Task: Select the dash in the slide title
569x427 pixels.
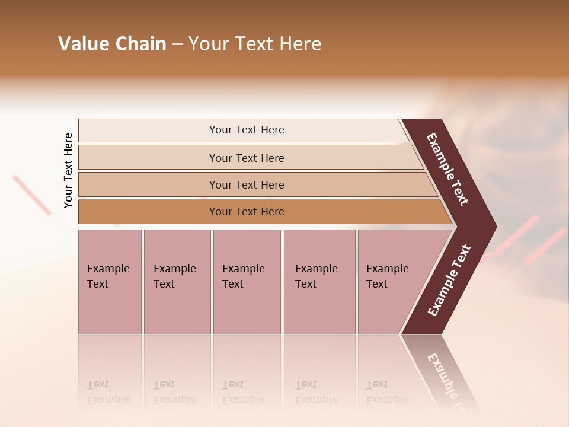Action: tap(177, 44)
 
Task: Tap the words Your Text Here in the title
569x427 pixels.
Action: tap(255, 44)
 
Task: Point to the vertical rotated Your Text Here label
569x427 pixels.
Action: tap(68, 170)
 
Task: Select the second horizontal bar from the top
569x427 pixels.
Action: tap(247, 158)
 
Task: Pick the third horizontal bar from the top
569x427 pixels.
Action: tap(247, 184)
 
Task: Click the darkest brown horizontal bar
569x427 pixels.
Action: tap(247, 212)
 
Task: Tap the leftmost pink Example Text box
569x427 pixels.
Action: tap(110, 282)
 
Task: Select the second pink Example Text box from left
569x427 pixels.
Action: tap(177, 282)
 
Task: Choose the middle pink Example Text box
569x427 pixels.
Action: tap(247, 282)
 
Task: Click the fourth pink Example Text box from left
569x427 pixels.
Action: tap(319, 282)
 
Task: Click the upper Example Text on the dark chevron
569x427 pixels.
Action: tap(447, 169)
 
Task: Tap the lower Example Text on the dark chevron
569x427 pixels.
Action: tap(449, 280)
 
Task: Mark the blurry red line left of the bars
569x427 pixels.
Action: tap(32, 194)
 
